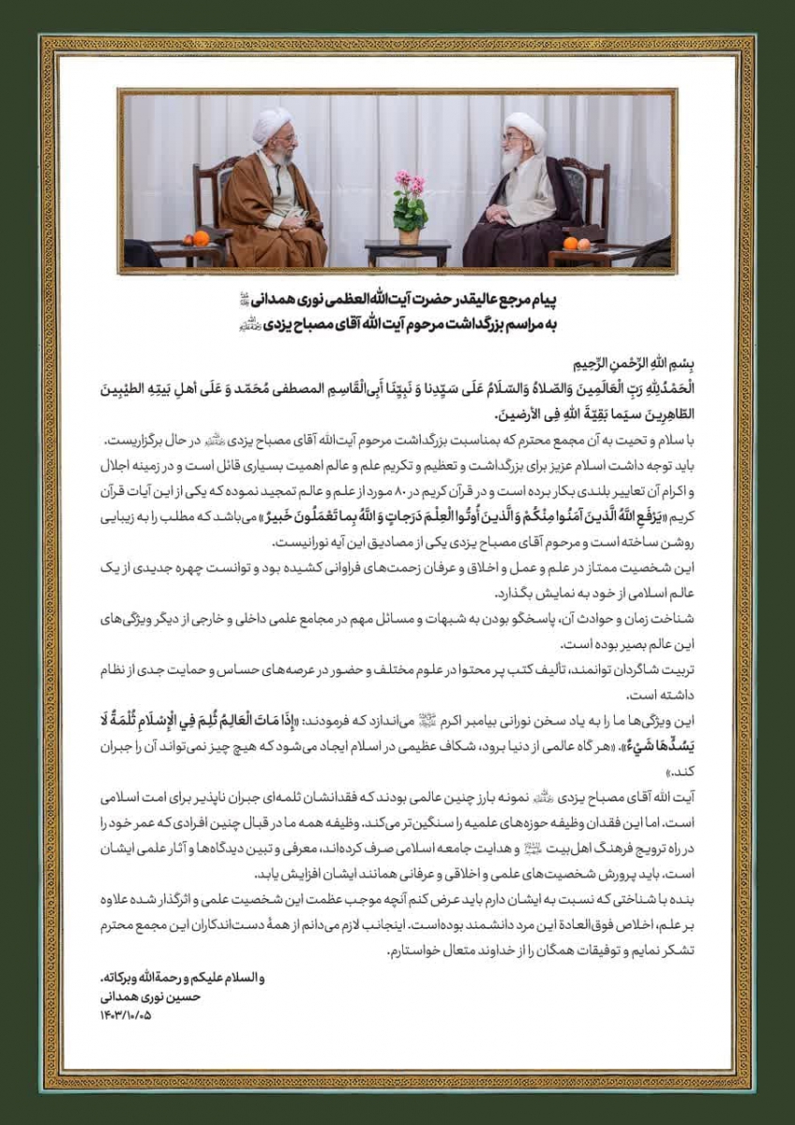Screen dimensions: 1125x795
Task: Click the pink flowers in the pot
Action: click(410, 182)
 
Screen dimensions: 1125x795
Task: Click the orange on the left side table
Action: click(201, 238)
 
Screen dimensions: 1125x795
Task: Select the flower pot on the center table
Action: click(410, 234)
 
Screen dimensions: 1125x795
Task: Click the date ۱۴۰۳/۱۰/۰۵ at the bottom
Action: click(125, 1014)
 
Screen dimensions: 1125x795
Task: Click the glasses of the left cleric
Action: click(282, 139)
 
